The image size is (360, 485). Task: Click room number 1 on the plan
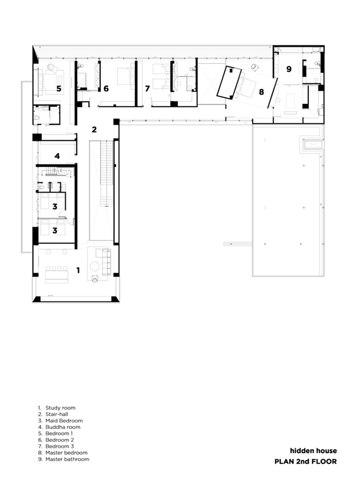click(78, 271)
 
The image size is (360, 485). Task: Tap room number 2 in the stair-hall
click(94, 129)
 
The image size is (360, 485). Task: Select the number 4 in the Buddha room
click(57, 156)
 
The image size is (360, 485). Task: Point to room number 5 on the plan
click(59, 89)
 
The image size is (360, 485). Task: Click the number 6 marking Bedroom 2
click(106, 88)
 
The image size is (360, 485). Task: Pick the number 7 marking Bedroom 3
click(147, 88)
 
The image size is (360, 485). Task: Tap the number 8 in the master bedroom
click(261, 92)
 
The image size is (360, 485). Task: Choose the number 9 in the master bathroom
click(289, 69)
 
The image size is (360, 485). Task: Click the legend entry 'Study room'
click(60, 408)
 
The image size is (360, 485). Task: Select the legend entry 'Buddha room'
click(63, 427)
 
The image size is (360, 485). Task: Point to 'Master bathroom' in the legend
click(67, 459)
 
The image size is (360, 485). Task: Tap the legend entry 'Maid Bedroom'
click(64, 421)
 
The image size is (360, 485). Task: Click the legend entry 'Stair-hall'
click(57, 414)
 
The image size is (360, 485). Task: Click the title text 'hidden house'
click(313, 451)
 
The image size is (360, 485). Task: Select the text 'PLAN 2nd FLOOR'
click(306, 461)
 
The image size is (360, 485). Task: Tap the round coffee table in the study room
click(95, 266)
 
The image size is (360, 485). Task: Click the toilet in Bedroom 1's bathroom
click(37, 118)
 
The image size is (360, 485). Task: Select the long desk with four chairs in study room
click(57, 274)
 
